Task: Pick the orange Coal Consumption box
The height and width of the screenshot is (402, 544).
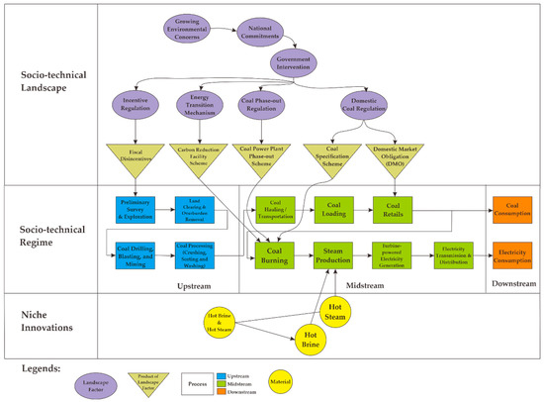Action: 511,207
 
